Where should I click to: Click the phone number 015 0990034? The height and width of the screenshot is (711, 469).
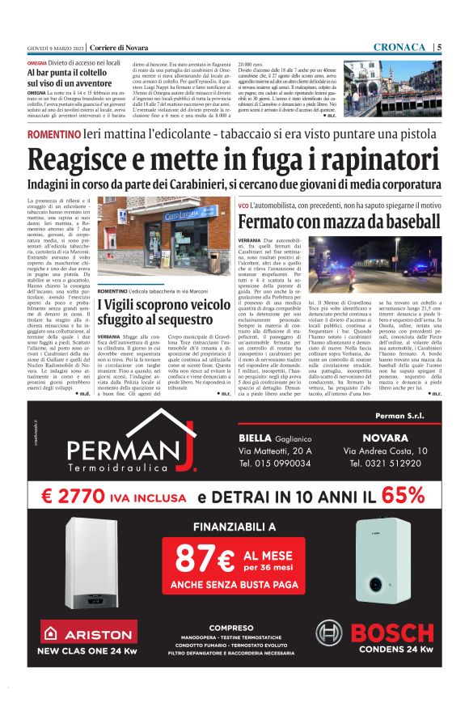(x=275, y=464)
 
